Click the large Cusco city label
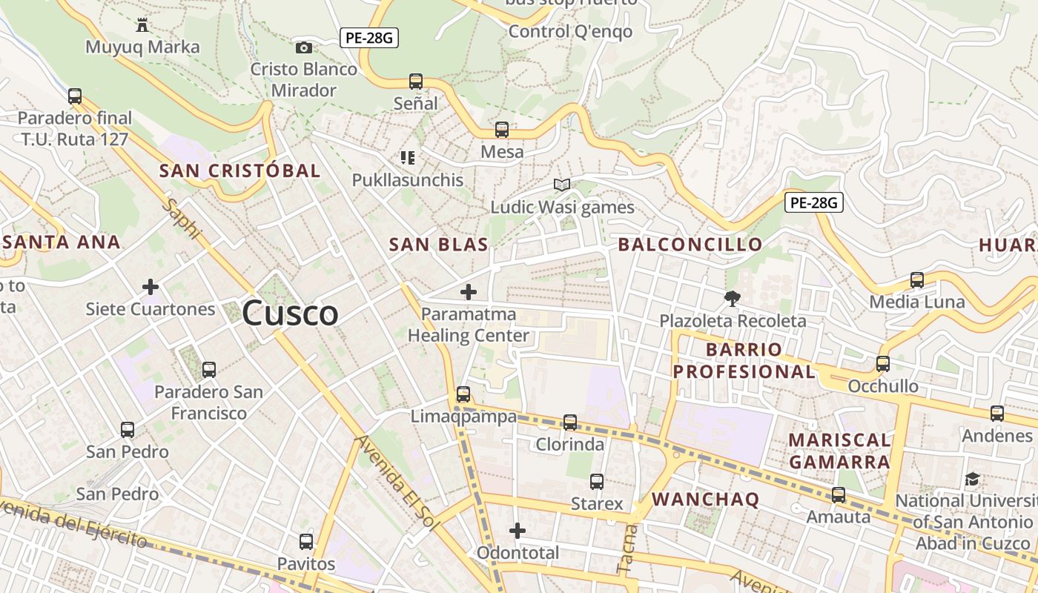(290, 313)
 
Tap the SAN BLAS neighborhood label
(438, 245)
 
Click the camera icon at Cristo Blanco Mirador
(304, 48)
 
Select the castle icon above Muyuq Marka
(142, 26)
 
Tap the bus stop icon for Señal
(416, 82)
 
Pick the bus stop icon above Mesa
(502, 130)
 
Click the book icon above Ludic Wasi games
(562, 185)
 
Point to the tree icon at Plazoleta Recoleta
(733, 299)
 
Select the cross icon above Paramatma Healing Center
(469, 292)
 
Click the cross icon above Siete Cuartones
(151, 287)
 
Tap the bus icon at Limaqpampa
(463, 394)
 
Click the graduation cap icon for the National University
(973, 480)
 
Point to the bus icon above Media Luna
(917, 280)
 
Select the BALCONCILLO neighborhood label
(690, 245)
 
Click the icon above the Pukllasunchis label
(407, 157)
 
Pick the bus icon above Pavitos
(306, 542)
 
